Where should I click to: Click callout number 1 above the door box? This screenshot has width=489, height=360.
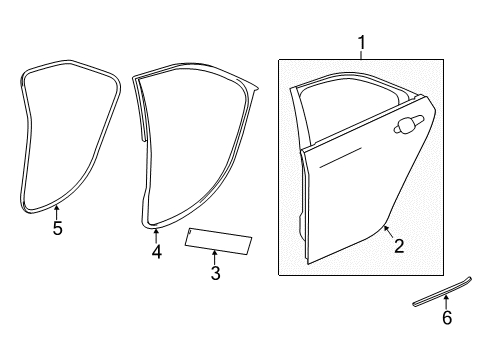tap(361, 43)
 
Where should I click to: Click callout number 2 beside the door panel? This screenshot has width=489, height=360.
tap(398, 245)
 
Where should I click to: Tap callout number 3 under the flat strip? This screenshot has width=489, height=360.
tap(214, 273)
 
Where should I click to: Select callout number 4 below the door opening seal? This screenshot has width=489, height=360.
tap(156, 251)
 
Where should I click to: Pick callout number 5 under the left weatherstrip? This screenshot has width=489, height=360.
tap(57, 229)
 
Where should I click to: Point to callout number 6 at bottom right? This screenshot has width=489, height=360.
tap(447, 318)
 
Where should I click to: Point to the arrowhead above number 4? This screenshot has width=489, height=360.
tap(156, 232)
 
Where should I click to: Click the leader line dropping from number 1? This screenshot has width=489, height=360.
tap(361, 55)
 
